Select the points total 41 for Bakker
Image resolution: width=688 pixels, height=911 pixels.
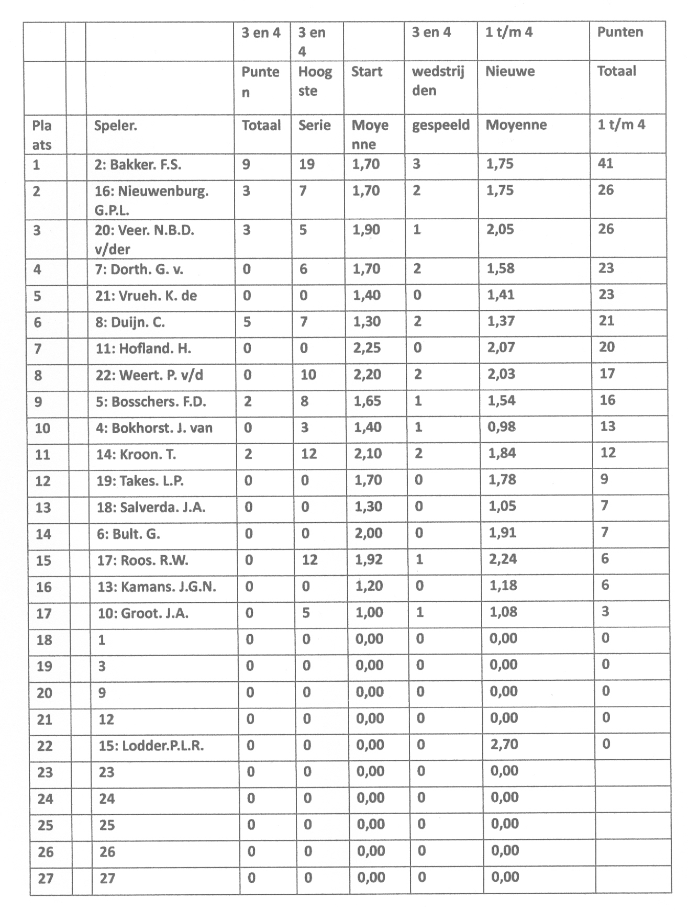(605, 164)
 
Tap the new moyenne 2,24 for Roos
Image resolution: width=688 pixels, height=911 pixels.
(502, 559)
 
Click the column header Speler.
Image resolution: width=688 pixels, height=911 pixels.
(115, 126)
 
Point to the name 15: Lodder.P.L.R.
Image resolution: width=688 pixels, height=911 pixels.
(151, 745)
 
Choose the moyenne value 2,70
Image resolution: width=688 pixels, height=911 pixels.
(504, 744)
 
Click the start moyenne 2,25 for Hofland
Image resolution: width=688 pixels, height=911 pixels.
(367, 348)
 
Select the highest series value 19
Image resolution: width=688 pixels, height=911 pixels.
(306, 164)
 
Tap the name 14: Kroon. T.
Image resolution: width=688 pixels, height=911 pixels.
(136, 454)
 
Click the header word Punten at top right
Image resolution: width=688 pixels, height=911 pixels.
(620, 32)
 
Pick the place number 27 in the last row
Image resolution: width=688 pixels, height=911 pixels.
(46, 878)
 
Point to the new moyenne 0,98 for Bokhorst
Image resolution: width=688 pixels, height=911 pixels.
(502, 427)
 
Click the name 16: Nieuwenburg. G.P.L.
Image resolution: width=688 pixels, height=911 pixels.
(151, 200)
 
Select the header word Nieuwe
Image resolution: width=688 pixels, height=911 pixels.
(510, 71)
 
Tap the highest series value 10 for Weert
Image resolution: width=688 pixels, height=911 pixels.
(308, 375)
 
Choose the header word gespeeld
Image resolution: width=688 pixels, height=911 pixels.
(441, 126)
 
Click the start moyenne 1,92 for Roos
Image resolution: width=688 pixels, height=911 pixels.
(369, 559)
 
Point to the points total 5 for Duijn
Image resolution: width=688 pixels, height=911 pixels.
(247, 322)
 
